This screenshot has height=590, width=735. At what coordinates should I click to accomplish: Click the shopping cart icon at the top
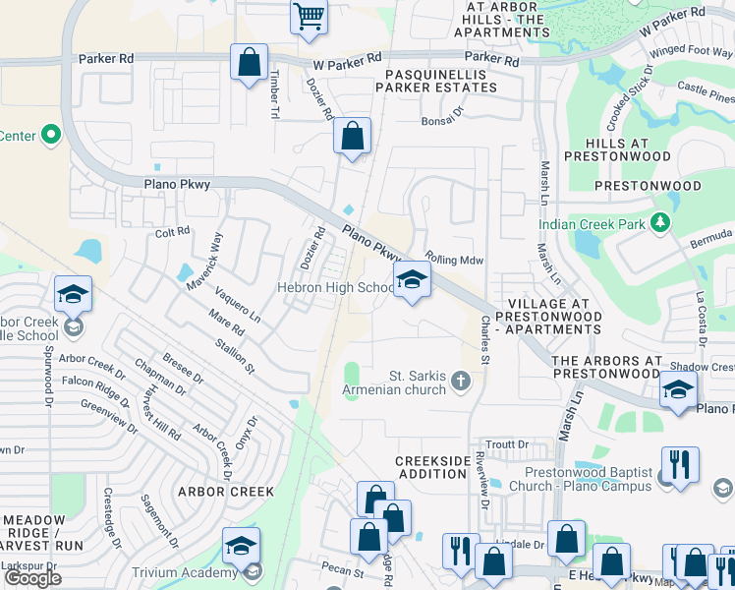(309, 18)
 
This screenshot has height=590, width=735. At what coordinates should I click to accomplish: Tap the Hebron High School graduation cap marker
(412, 280)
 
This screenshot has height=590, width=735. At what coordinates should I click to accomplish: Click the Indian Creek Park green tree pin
(663, 223)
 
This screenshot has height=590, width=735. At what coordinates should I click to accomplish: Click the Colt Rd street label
(172, 232)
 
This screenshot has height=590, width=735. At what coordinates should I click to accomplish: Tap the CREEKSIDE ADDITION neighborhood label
(431, 467)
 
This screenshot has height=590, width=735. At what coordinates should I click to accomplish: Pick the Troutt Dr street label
(507, 444)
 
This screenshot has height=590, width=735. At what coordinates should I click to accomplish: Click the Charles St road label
(483, 340)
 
